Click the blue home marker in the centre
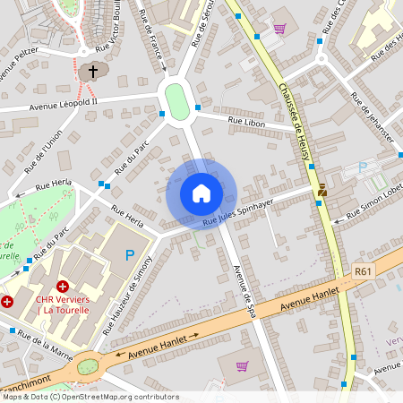click(x=201, y=193)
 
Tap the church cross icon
click(x=92, y=72)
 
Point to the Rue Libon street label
click(x=246, y=120)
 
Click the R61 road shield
click(x=363, y=270)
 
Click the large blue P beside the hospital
click(x=130, y=255)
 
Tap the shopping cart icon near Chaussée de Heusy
click(x=279, y=29)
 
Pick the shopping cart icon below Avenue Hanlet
click(x=242, y=365)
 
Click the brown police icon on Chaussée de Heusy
click(x=322, y=190)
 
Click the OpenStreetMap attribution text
click(x=90, y=397)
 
